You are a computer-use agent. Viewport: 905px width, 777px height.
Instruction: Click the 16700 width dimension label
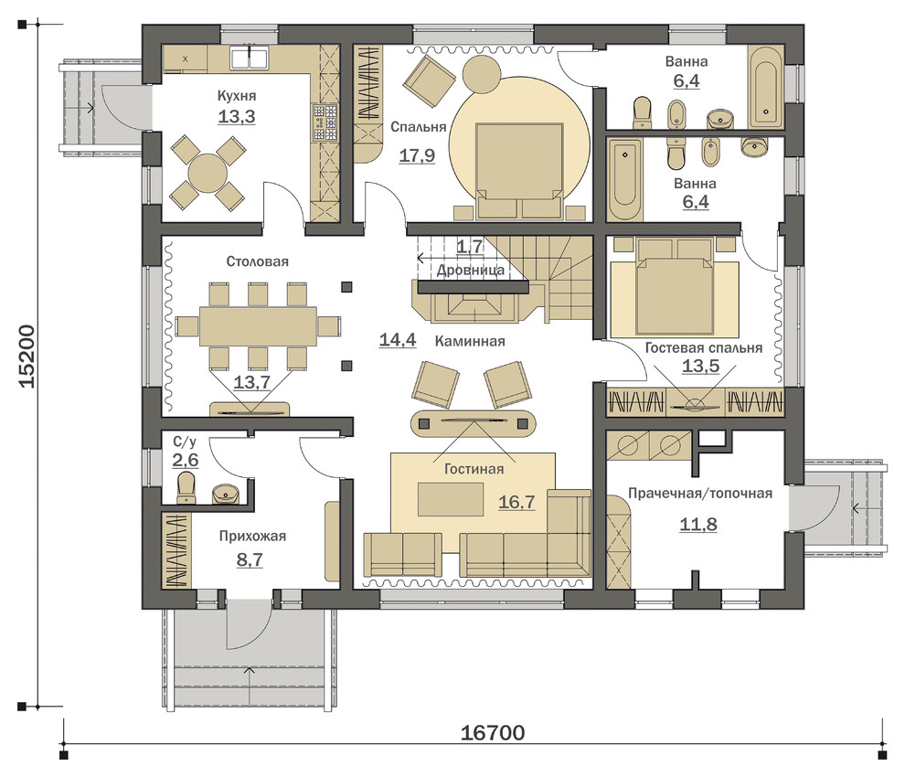(493, 732)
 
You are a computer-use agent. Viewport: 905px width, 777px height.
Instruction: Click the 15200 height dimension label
(27, 357)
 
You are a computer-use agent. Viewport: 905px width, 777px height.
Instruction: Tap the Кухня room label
(237, 96)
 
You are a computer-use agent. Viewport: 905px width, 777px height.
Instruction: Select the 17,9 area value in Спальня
(417, 155)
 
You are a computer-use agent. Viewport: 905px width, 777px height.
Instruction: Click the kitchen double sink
(249, 58)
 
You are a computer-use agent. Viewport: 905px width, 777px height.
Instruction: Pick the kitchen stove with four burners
(325, 122)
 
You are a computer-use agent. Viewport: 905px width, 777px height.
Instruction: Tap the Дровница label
(471, 270)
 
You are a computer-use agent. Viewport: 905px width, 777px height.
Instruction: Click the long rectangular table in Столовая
(258, 326)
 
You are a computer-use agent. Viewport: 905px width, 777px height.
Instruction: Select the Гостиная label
(474, 469)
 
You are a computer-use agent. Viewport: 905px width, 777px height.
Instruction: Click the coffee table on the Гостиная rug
(451, 499)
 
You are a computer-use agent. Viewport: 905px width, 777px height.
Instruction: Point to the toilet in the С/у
(186, 488)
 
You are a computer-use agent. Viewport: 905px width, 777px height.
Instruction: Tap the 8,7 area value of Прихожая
(250, 559)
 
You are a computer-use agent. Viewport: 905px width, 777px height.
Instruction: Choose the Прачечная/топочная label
(700, 494)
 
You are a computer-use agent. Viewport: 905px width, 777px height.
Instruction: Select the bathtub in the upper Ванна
(766, 87)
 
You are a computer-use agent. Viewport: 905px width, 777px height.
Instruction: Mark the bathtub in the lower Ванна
(624, 178)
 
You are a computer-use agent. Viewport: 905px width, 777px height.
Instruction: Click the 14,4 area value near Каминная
(398, 340)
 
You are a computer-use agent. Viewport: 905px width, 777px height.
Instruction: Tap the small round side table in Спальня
(480, 74)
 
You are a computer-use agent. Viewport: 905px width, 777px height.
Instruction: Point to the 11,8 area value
(698, 524)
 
